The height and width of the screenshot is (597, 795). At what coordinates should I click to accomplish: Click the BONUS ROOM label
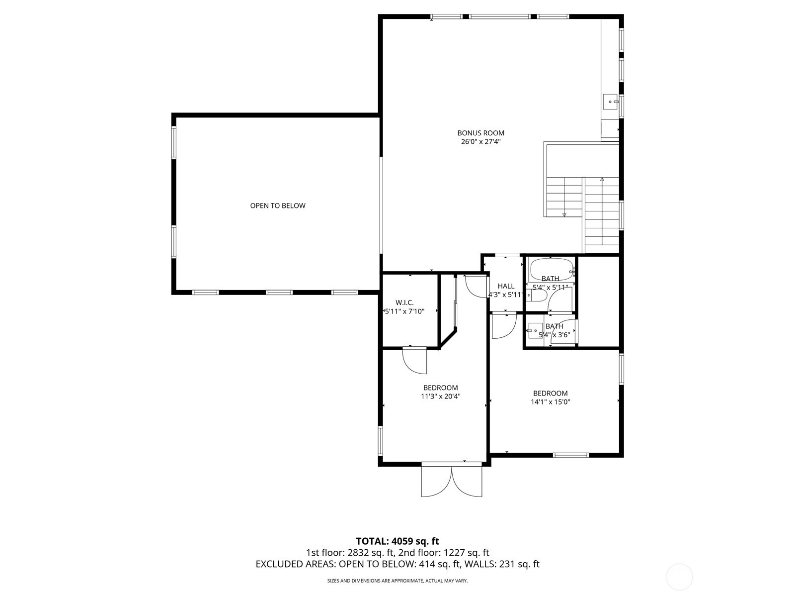(480, 133)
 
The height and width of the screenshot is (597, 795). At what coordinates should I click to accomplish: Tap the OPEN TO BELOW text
(278, 205)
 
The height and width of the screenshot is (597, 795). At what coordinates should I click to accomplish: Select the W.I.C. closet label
(404, 302)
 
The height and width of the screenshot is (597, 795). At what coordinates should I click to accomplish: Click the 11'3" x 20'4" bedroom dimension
(440, 397)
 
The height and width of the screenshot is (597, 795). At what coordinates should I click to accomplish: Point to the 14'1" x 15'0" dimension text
(550, 402)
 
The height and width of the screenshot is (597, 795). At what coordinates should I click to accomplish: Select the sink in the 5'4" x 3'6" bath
(536, 330)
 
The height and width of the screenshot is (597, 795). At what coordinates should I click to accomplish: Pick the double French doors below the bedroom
(451, 481)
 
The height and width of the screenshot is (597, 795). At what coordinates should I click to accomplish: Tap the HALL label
(506, 286)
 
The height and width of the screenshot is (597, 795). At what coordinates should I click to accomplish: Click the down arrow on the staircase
(564, 214)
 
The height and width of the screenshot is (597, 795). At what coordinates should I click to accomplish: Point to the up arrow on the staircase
(602, 180)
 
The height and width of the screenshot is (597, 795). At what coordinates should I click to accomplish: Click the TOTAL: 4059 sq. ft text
(397, 541)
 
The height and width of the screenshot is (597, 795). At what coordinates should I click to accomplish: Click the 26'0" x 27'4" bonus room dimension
(480, 142)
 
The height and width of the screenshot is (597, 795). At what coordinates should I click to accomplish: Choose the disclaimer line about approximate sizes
(397, 581)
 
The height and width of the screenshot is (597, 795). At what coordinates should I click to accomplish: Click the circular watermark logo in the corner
(679, 577)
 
